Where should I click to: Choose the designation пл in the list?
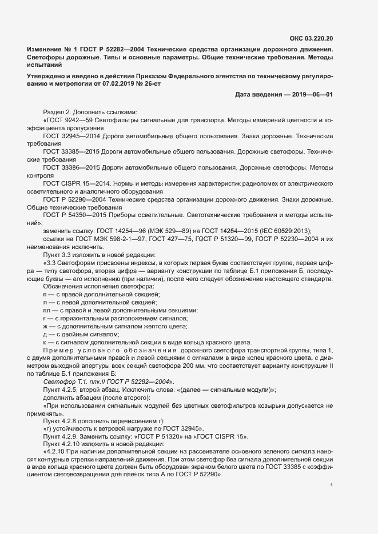click(x=47, y=310)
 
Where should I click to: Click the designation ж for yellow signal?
click(x=45, y=326)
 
